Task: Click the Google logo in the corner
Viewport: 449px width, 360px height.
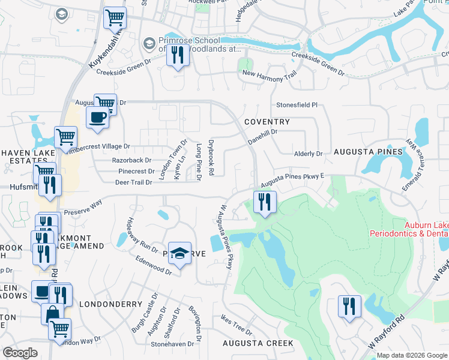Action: tap(20, 353)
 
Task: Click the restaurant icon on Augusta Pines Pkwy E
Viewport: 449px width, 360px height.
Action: tap(264, 202)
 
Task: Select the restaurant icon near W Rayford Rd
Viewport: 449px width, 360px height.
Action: tap(348, 307)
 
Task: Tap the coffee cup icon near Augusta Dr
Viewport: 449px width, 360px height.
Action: tap(97, 117)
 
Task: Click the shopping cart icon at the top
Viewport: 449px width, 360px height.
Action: tap(115, 17)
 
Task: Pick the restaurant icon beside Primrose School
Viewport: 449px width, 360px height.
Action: tap(178, 56)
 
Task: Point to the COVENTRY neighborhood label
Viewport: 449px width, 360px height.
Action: tap(267, 122)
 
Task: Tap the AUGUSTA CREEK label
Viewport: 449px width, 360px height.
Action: tap(258, 343)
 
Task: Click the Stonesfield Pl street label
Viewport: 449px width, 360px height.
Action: tap(297, 104)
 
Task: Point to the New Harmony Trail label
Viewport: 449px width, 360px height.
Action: tap(270, 73)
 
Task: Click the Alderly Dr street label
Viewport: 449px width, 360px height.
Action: tap(309, 154)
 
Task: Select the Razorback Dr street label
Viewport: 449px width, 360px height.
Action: tap(132, 160)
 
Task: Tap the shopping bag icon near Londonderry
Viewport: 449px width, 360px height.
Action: tap(53, 313)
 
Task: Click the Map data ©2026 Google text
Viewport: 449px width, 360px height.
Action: tap(411, 355)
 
